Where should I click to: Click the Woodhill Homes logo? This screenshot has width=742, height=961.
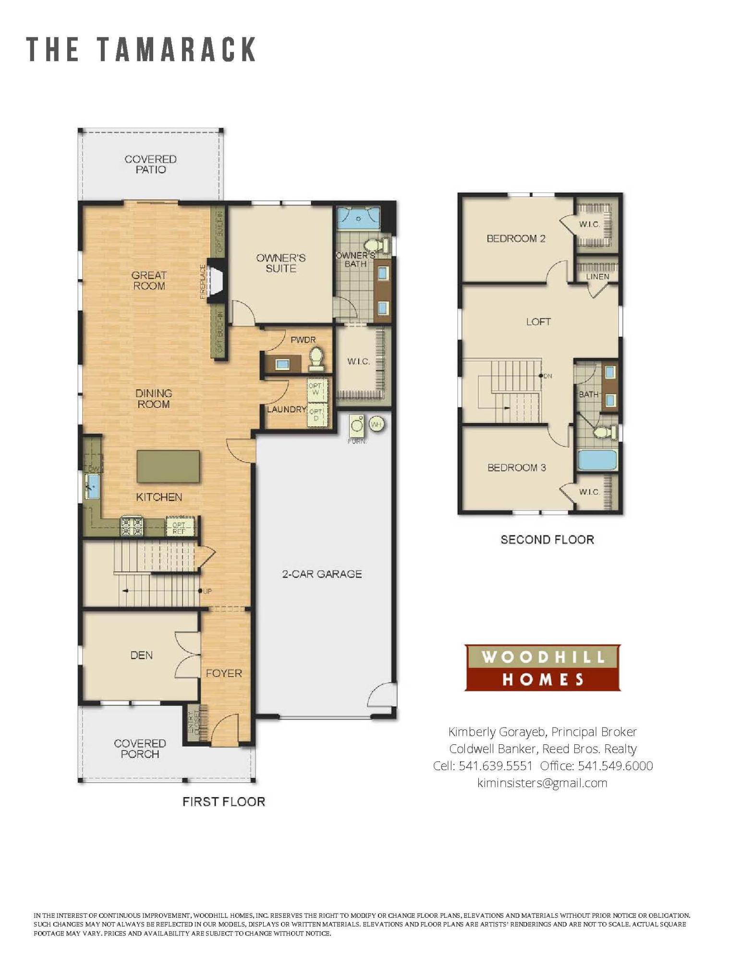click(x=542, y=667)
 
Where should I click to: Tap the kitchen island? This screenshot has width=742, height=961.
click(x=168, y=466)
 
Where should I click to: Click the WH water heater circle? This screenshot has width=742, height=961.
click(x=377, y=424)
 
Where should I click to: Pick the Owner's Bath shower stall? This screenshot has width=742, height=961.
click(x=358, y=219)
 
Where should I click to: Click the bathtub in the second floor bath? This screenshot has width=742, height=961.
click(x=597, y=459)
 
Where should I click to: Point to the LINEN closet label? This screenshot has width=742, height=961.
click(x=597, y=277)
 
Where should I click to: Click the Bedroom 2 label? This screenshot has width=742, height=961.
click(x=516, y=238)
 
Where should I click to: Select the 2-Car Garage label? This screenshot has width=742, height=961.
click(x=322, y=574)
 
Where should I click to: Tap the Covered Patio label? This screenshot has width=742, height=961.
click(x=150, y=164)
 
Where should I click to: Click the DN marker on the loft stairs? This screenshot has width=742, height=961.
click(x=547, y=376)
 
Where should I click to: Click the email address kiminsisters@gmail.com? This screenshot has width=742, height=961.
click(x=542, y=783)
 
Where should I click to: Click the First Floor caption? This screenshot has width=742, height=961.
click(x=223, y=801)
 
